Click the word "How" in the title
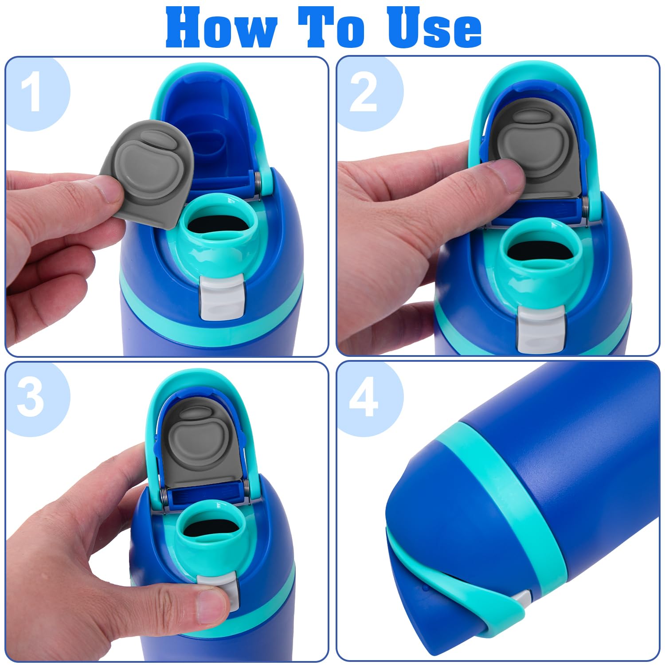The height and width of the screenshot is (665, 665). (x=221, y=27)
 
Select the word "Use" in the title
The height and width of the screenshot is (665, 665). (x=434, y=27)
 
